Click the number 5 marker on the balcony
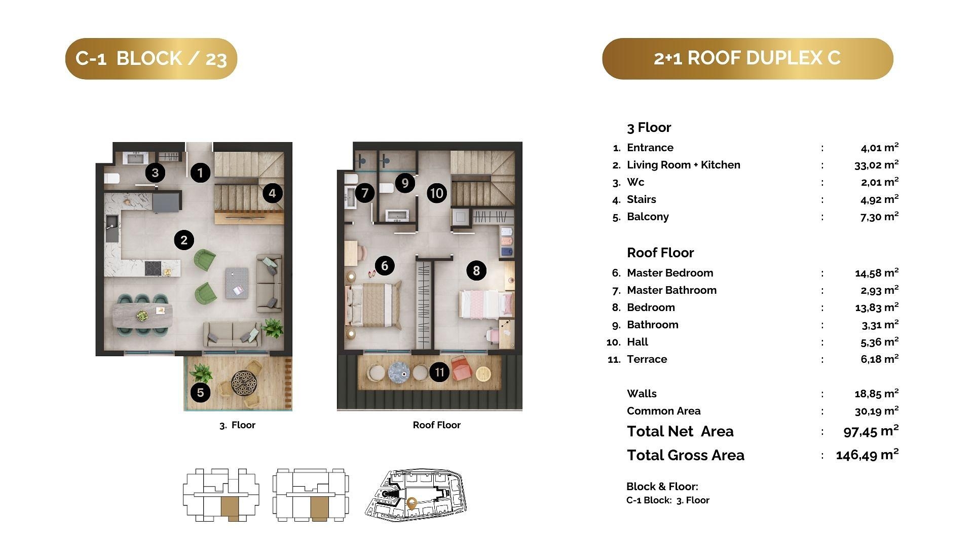201,392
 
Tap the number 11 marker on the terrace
439,372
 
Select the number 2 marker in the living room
184,240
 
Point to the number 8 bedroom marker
476,270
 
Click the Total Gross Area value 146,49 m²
867,454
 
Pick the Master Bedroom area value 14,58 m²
877,272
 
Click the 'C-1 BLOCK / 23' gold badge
151,58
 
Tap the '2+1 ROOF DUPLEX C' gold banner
747,58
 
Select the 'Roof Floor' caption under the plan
436,425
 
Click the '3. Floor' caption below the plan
237,425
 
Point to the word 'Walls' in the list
642,394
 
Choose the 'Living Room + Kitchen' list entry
683,165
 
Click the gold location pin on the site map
411,503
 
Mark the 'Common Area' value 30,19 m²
877,410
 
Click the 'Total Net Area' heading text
680,431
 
